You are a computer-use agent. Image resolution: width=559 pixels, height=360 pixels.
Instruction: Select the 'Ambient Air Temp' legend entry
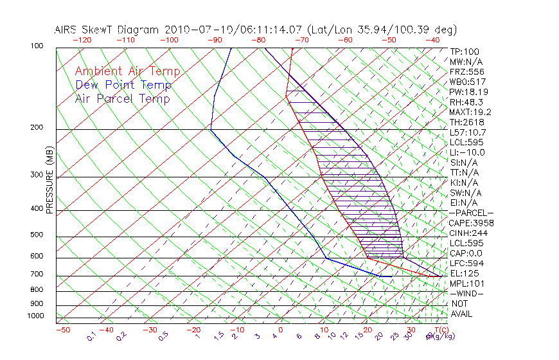click(127, 71)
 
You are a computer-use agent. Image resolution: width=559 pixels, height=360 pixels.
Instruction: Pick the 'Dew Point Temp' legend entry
click(123, 85)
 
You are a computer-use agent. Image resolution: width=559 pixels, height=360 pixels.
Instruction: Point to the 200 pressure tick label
click(37, 128)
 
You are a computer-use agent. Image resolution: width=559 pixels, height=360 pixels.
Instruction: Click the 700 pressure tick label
click(37, 274)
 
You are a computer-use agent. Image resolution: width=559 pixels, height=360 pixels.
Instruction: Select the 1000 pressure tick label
click(35, 316)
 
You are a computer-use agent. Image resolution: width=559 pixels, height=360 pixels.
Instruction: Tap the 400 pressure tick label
click(37, 209)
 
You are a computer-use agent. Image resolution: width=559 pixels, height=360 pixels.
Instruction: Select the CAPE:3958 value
click(471, 223)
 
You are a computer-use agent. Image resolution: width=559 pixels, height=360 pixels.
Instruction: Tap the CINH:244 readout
click(468, 233)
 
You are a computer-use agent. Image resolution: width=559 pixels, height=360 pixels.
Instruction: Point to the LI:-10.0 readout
click(467, 152)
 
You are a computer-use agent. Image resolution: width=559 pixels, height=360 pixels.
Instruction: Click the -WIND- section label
click(467, 293)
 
